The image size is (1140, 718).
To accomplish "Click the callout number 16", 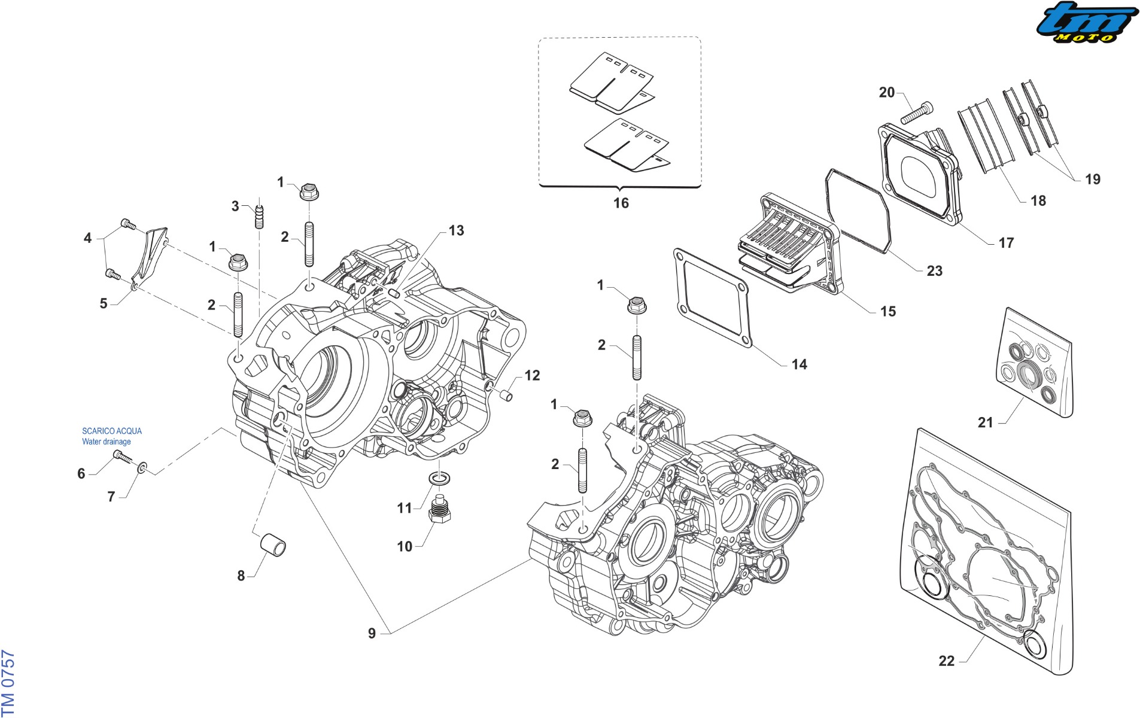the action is coord(621,203).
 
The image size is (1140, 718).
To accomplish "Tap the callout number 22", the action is coord(947,661).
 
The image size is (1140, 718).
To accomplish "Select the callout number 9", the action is coord(372,634).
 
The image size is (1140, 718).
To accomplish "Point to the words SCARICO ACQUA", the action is coord(112,431).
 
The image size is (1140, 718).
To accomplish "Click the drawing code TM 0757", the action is coord(8,683).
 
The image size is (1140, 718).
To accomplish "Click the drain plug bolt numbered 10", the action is coord(440,510).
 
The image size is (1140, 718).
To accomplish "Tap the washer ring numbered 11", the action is coord(440,479).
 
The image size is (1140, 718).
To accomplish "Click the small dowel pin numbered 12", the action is coord(506,395).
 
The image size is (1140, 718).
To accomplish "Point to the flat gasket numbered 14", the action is coord(712,298).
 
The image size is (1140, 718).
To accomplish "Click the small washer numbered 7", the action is coord(142,467).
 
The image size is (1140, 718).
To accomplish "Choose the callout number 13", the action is coord(456,231).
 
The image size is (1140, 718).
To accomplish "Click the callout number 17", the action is coord(1006,243).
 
